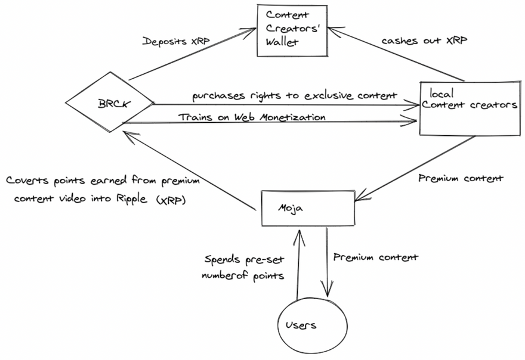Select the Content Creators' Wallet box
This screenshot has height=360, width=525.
tap(292, 30)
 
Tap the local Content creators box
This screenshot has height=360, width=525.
tap(469, 106)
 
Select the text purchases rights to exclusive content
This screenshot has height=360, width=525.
tap(294, 95)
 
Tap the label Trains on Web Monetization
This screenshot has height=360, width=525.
tap(252, 117)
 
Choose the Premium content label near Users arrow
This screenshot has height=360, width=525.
tap(375, 257)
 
